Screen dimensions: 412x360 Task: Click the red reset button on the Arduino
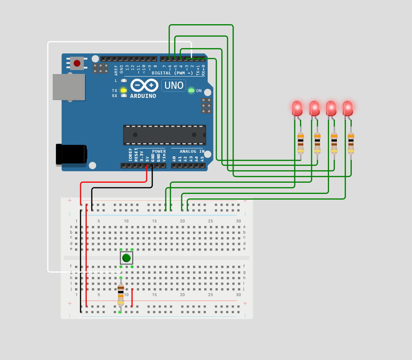(77, 63)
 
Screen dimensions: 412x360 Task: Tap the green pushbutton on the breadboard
(126, 258)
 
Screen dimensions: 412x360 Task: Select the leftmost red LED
(297, 108)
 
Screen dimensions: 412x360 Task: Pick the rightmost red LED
(348, 108)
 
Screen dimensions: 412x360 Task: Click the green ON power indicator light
(191, 91)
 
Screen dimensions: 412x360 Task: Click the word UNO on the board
(174, 86)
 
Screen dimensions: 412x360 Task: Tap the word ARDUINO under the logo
(143, 96)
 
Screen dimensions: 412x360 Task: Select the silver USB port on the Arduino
(69, 87)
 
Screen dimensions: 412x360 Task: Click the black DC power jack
(71, 155)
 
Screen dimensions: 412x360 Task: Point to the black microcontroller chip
(165, 135)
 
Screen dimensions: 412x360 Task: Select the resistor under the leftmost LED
(300, 143)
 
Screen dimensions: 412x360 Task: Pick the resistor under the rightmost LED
(351, 143)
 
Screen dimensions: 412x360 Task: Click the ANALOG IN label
(192, 151)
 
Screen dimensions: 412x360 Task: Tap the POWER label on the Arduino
(159, 151)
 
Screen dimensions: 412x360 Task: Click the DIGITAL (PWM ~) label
(172, 73)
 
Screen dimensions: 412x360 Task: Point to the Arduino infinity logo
(144, 85)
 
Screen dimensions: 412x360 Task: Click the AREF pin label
(116, 70)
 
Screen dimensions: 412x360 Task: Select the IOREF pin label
(130, 155)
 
